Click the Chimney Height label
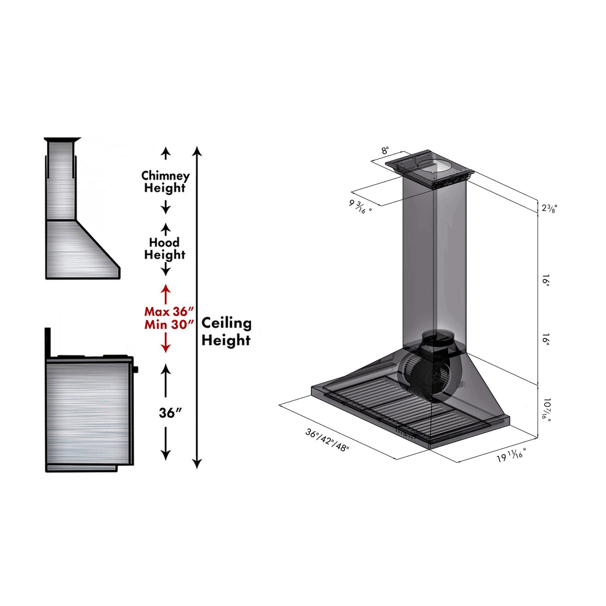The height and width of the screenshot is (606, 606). coord(165,182)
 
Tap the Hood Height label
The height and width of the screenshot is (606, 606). coord(165,249)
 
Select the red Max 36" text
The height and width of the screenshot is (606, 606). coord(169,311)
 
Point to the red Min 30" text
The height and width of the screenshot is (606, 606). coord(169,324)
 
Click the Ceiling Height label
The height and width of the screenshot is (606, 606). coord(226,331)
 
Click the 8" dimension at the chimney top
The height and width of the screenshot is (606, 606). coord(385,151)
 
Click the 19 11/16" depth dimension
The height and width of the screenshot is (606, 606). coord(511,456)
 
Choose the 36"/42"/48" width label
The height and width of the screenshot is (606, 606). coord(327,440)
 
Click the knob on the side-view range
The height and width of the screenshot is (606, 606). coord(135,370)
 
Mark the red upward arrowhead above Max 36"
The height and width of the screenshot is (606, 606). coord(165,289)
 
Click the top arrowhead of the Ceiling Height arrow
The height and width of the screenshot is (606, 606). coord(198,150)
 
